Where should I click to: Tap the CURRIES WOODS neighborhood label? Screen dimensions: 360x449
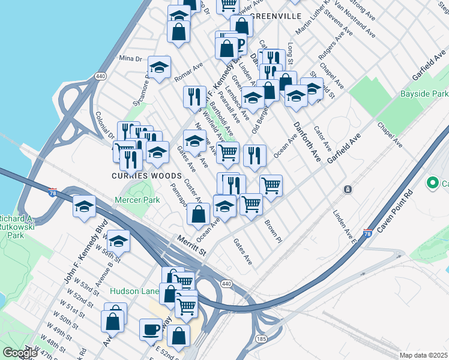pyautogui.click(x=146, y=176)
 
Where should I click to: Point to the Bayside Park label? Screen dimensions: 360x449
pyautogui.click(x=424, y=94)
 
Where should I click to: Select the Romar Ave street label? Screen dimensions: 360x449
pyautogui.click(x=188, y=74)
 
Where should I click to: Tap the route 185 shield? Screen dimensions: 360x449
pyautogui.click(x=261, y=340)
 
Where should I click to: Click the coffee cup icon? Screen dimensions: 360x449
pyautogui.click(x=150, y=329)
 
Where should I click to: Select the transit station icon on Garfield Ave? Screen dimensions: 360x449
pyautogui.click(x=347, y=190)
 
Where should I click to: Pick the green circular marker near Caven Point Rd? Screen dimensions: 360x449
pyautogui.click(x=432, y=182)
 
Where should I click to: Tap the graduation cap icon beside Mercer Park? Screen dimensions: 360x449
pyautogui.click(x=85, y=207)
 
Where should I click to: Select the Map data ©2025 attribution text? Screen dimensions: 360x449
pyautogui.click(x=423, y=355)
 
